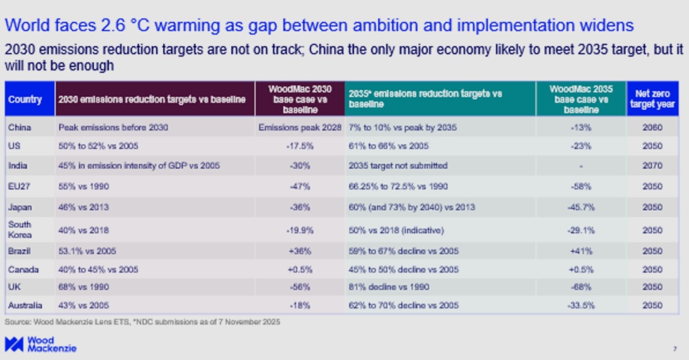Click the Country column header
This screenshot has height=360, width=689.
(25, 99)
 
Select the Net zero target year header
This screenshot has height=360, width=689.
(652, 99)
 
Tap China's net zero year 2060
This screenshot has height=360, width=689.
(652, 127)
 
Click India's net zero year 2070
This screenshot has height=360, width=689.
(652, 165)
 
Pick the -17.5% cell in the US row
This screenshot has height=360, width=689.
(300, 146)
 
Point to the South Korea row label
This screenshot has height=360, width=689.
(20, 229)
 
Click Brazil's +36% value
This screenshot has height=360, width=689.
(300, 251)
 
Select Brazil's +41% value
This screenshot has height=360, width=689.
(581, 251)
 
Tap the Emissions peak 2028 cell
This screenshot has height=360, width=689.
(300, 127)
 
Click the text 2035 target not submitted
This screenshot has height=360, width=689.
(398, 165)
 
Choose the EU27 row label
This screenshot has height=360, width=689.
(19, 186)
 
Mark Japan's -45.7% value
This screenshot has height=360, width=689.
(581, 207)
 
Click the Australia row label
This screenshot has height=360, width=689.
(25, 305)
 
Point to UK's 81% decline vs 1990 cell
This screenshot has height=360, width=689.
(389, 287)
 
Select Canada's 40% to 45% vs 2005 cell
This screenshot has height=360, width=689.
(98, 269)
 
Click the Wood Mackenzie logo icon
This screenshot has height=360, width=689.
(14, 344)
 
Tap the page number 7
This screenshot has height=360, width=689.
(675, 349)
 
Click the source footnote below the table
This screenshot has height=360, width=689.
(142, 322)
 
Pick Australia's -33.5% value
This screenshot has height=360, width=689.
(581, 305)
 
